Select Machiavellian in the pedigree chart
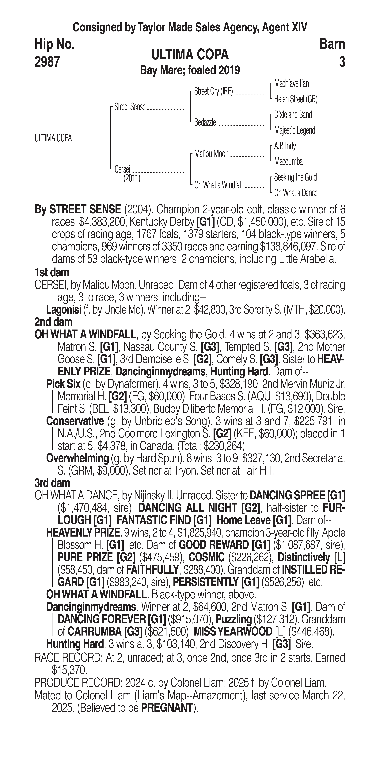pyautogui.click(x=291, y=84)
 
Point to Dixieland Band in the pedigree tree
pyautogui.click(x=293, y=115)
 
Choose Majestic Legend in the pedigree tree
pyautogui.click(x=295, y=130)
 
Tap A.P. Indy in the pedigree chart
pyautogui.click(x=285, y=146)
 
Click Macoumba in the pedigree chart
pyautogui.click(x=288, y=162)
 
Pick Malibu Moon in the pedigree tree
pyautogui.click(x=211, y=154)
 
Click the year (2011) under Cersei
pyautogui.click(x=132, y=178)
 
